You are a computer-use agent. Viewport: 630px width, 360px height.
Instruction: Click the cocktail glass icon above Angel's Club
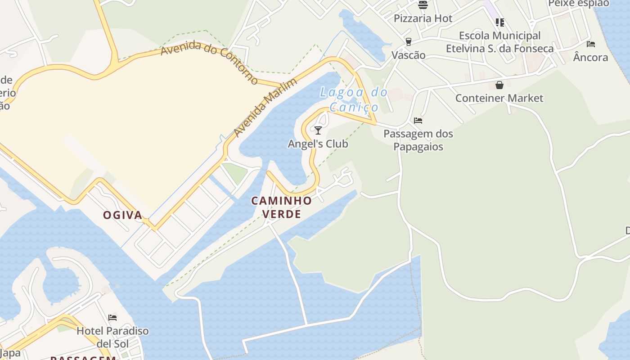click(318, 130)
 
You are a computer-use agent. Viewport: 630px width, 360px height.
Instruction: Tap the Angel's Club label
click(318, 144)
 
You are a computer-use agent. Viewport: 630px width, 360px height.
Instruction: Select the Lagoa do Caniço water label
click(354, 99)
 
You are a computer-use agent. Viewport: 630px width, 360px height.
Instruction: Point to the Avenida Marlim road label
click(265, 108)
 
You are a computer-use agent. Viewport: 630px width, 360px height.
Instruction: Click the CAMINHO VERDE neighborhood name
click(282, 207)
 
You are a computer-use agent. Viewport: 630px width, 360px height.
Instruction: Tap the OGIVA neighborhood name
click(123, 215)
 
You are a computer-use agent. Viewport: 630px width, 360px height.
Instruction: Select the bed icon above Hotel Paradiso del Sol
click(112, 318)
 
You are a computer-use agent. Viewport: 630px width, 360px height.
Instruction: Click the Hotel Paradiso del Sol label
click(112, 337)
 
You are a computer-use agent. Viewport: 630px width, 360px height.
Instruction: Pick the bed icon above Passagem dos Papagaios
click(418, 121)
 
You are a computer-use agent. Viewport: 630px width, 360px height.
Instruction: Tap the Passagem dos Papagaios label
click(418, 140)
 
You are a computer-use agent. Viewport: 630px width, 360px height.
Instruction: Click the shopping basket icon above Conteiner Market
click(499, 85)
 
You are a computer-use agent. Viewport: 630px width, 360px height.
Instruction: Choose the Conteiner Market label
click(499, 98)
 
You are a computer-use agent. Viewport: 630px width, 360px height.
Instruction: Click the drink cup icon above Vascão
click(409, 42)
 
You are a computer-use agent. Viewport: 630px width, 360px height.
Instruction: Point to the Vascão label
click(409, 55)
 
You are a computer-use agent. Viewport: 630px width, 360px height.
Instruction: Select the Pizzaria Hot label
click(423, 18)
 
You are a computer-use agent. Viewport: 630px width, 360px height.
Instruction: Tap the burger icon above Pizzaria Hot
click(423, 5)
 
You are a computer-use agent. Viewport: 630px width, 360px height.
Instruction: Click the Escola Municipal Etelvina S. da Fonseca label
click(499, 42)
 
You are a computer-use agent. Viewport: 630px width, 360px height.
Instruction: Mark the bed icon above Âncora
click(591, 44)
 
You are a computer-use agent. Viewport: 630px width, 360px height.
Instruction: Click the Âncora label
click(591, 57)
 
